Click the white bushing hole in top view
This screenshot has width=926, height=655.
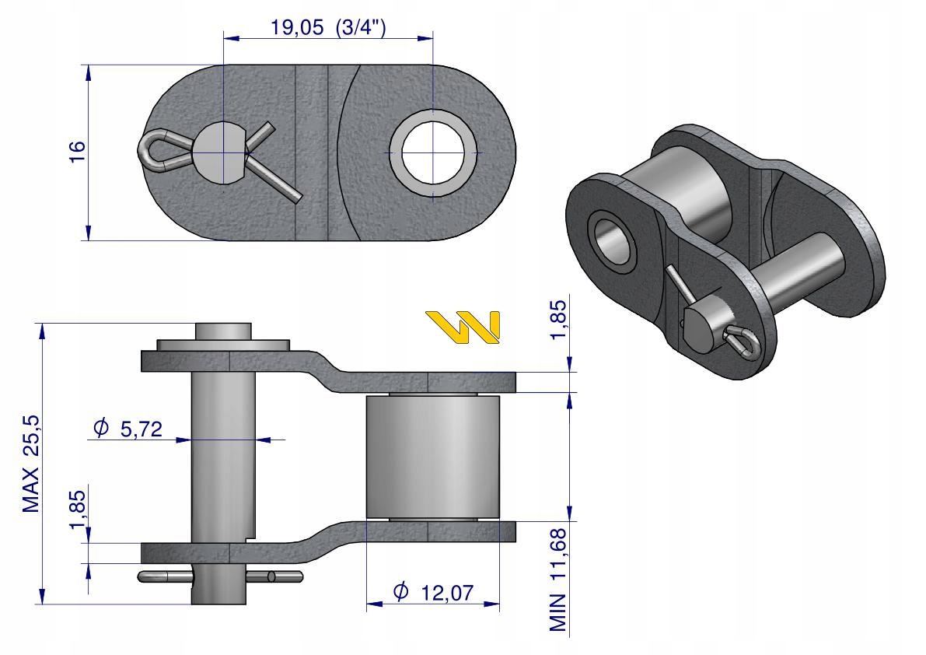click(433, 152)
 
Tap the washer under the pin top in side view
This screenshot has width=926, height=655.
click(222, 344)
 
